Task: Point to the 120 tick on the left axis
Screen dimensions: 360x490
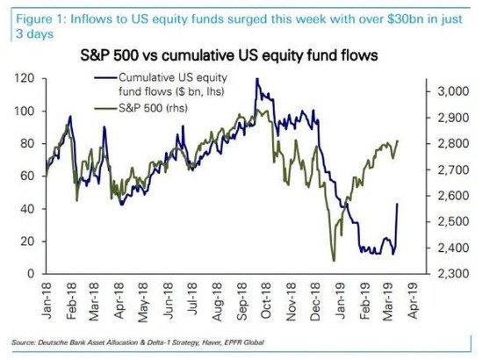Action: pos(26,78)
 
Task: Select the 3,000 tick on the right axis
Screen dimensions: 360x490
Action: pos(442,90)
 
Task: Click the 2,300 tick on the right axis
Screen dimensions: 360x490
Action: pos(442,274)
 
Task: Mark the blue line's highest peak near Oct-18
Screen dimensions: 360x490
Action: pos(256,79)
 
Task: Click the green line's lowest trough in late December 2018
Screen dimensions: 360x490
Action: pos(333,260)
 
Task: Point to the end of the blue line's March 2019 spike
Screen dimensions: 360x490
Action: pos(398,204)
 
